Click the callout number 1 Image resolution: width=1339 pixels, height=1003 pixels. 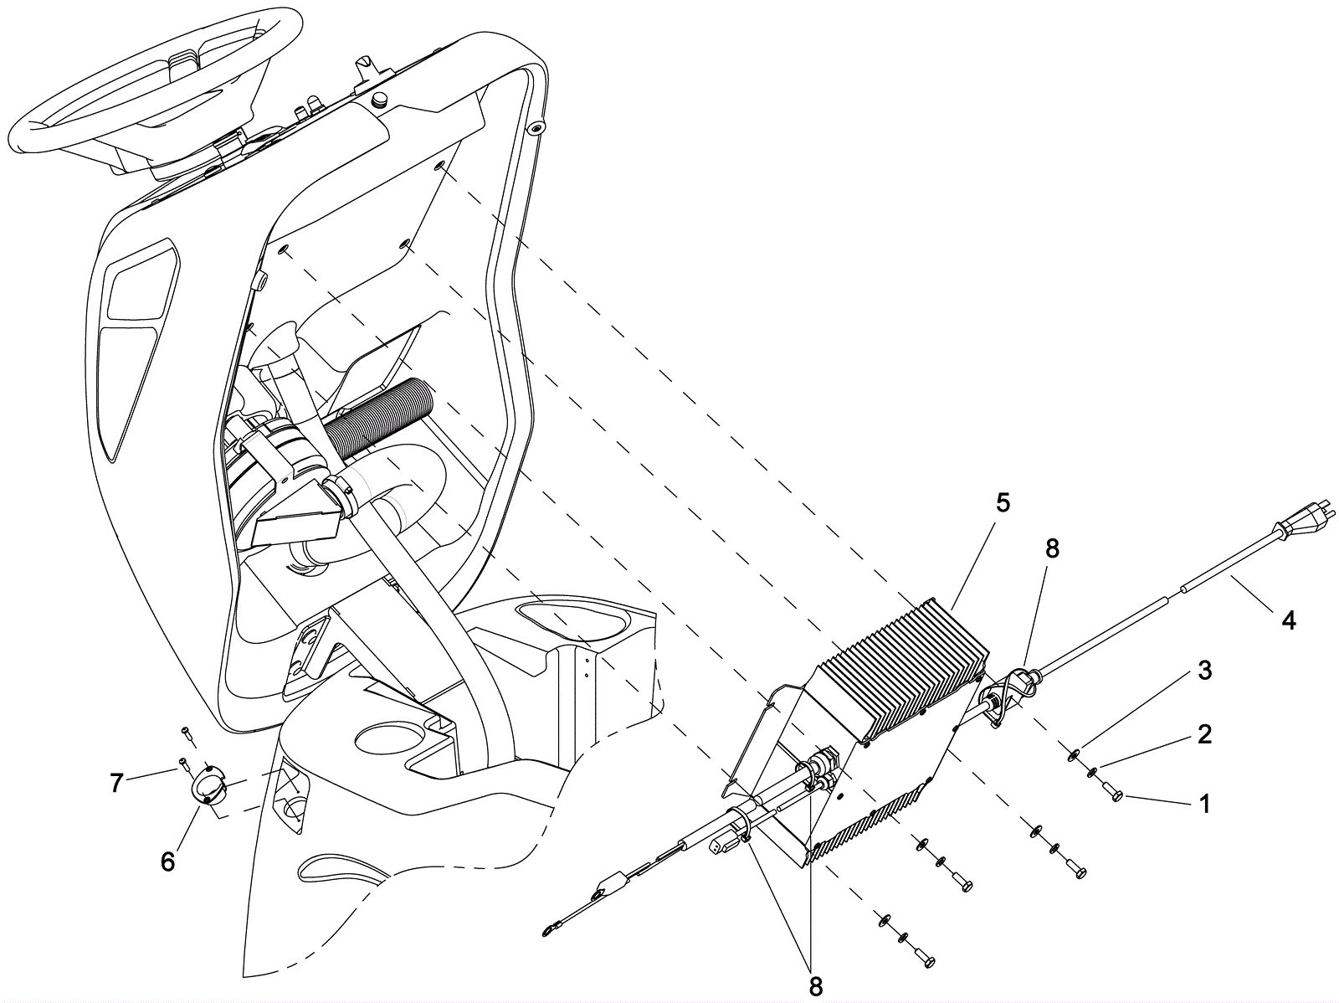1204,805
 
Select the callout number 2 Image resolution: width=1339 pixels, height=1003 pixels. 1204,734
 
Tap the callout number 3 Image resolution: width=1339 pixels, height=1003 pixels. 1204,671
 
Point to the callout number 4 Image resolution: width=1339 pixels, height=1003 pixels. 1289,620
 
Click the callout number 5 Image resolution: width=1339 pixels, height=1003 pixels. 1003,503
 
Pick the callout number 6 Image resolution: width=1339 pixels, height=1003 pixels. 168,862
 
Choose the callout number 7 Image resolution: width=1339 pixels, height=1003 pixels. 117,783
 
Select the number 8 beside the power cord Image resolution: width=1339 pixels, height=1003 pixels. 1052,548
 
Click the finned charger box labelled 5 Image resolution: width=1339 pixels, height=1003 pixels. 904,670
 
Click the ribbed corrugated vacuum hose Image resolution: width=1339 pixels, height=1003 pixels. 377,419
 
